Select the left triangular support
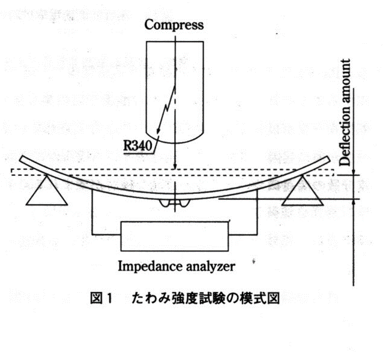[47, 193]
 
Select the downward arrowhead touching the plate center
[175, 172]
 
